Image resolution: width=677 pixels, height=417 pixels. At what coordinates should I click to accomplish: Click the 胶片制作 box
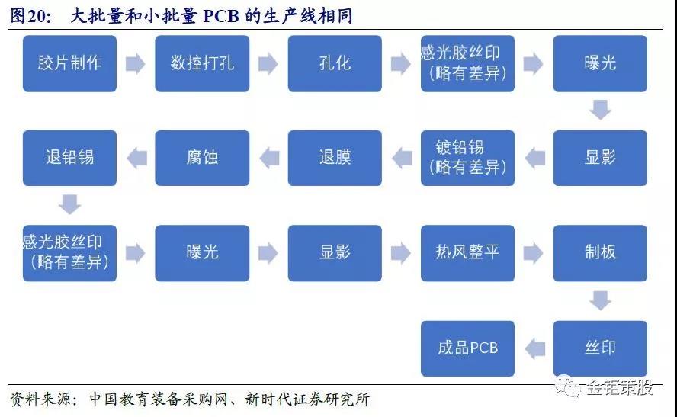coord(69,63)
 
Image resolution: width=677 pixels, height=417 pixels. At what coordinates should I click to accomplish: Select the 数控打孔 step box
coord(202,63)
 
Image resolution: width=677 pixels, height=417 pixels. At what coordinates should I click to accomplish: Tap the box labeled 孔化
coord(335,63)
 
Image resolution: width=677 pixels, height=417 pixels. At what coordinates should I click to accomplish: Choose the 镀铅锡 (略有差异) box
coord(467,158)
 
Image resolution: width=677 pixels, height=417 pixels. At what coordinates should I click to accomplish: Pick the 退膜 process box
coord(335,158)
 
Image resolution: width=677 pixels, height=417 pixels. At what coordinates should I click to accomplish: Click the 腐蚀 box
coord(202,158)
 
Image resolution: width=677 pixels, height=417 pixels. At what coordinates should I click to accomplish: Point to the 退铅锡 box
coord(69,158)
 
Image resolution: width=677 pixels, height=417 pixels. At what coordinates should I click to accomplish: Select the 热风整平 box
coord(467,253)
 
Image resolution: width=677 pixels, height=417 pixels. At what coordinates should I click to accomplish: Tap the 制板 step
coord(600,253)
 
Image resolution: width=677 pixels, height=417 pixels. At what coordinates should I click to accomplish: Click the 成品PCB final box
coord(467,348)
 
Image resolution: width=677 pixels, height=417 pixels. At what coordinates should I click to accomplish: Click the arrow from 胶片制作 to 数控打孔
coord(136,64)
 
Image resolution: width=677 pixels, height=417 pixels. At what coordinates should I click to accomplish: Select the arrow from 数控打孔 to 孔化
coord(268,64)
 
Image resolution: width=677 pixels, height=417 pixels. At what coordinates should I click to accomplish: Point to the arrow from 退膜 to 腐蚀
coord(269,158)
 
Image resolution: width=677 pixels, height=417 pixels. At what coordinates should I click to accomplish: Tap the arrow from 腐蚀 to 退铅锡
coord(137,158)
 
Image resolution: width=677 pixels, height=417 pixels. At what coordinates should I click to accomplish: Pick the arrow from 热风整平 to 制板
coord(533,253)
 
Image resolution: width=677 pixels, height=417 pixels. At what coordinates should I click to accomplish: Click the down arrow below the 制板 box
coord(600,300)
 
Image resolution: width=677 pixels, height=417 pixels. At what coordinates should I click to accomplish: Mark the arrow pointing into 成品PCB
coord(535,348)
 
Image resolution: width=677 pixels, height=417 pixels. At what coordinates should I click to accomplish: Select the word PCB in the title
coord(221,17)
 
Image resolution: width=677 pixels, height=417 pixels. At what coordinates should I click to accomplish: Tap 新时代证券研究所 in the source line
coord(307,399)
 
